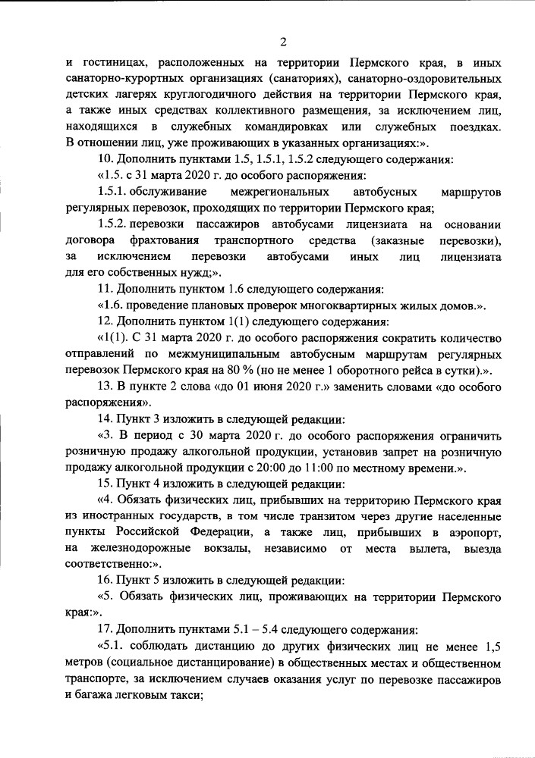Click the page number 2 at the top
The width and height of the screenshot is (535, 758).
(282, 41)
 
